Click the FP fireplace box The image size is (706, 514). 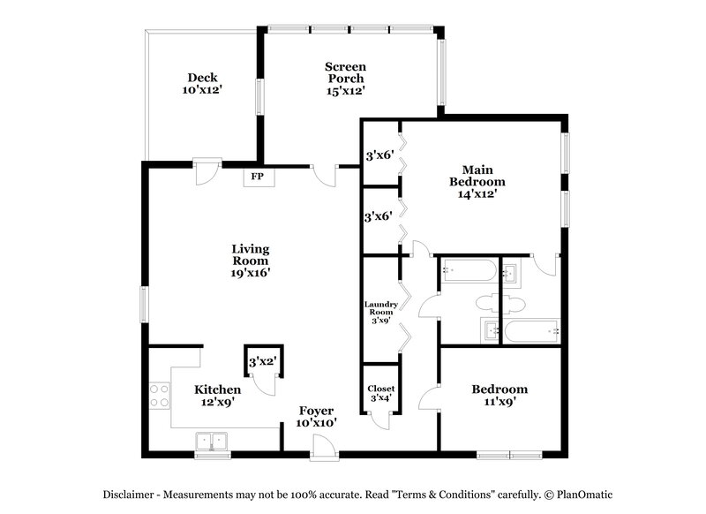[258, 177]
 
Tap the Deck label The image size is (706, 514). [201, 78]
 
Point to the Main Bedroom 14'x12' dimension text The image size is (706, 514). [484, 194]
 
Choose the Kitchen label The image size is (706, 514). [217, 389]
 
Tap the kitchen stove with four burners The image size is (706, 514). [160, 394]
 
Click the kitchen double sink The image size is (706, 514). [212, 440]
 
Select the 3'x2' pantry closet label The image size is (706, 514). [262, 362]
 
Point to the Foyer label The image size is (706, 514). [316, 410]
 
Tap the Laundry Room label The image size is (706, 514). [381, 309]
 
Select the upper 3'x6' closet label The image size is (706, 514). [379, 156]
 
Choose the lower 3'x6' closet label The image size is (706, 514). [379, 215]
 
